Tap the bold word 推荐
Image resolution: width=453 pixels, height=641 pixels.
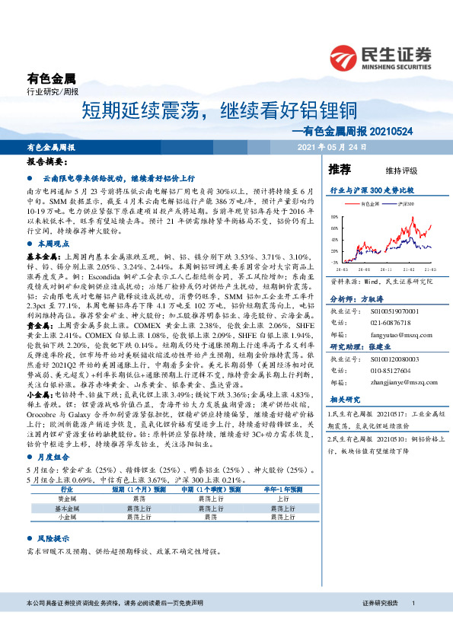(x=339, y=169)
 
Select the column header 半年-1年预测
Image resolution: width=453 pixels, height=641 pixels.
(x=280, y=491)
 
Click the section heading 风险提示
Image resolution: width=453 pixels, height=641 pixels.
(x=51, y=537)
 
